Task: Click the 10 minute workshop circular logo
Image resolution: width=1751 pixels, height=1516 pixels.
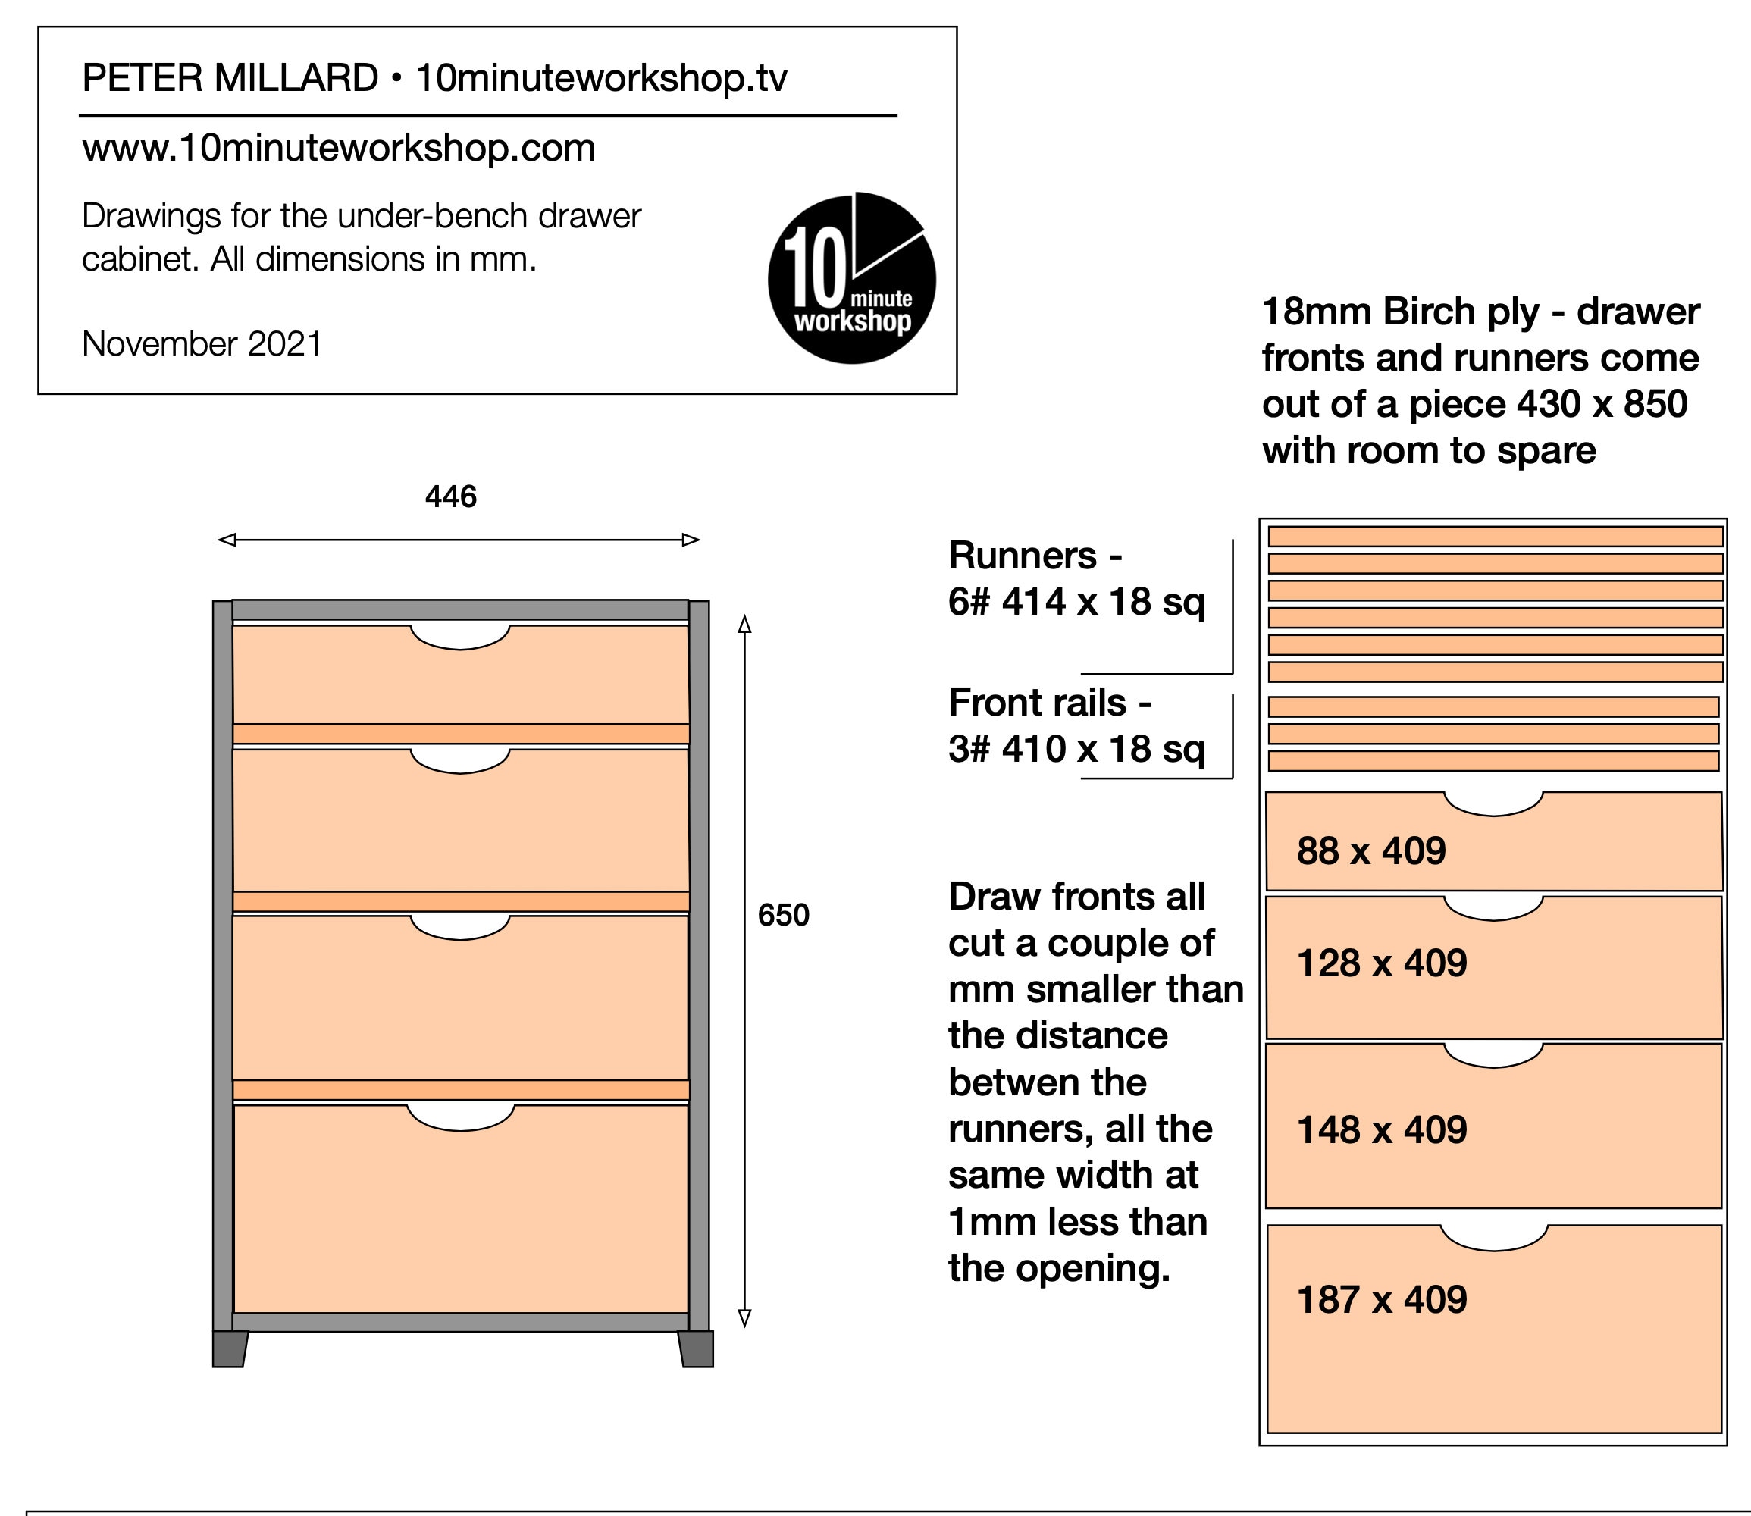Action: [852, 279]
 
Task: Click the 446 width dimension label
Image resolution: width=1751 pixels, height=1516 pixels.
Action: [451, 496]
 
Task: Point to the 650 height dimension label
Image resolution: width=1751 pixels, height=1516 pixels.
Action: [783, 914]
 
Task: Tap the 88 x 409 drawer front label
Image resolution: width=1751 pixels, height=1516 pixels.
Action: [1370, 851]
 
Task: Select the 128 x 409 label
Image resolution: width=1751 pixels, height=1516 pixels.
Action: [1381, 963]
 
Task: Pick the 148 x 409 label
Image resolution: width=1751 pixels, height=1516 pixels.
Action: [1381, 1130]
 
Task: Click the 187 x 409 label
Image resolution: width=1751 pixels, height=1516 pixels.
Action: [1381, 1299]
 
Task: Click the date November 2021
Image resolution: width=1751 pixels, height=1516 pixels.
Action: [202, 344]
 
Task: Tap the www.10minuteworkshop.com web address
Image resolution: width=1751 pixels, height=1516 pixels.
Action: [338, 148]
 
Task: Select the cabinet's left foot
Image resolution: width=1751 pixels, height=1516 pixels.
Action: [229, 1348]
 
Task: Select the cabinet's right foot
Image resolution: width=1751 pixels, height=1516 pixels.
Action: [696, 1348]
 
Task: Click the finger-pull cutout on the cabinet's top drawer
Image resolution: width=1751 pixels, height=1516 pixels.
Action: [460, 636]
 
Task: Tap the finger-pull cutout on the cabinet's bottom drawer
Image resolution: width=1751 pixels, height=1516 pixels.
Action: [460, 1117]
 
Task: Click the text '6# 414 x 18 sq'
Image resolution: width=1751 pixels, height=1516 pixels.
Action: [1076, 603]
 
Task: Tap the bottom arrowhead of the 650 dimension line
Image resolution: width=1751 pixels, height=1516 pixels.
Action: [744, 1317]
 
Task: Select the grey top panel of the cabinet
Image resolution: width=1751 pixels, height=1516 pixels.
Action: [460, 609]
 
